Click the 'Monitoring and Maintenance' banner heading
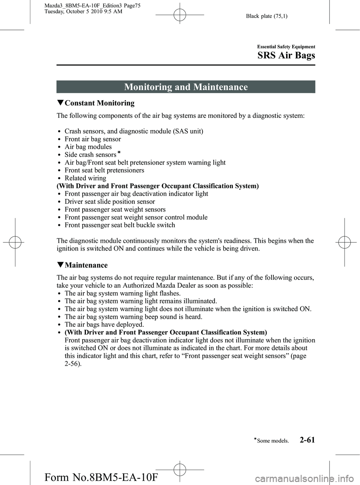point(186,87)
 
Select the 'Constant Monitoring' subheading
point(99,103)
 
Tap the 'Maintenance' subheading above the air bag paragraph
point(86,265)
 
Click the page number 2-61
point(307,440)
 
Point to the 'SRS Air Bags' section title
point(286,56)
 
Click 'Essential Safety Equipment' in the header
point(286,47)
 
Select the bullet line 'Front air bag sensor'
point(93,139)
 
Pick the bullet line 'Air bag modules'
point(88,147)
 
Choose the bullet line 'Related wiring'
point(85,178)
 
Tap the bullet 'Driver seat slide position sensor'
point(109,202)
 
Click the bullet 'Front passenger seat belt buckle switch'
point(120,225)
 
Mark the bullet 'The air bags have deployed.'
point(104,324)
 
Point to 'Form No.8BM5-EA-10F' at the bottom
point(101,477)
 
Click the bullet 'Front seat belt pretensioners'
point(104,170)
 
